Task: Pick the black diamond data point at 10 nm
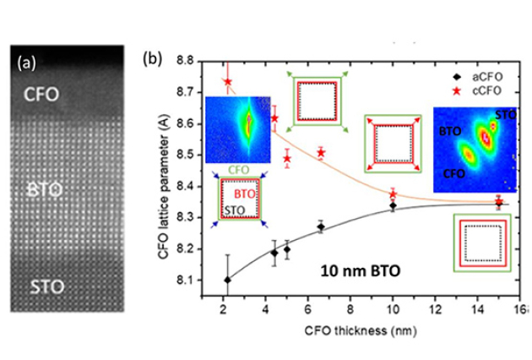point(394,205)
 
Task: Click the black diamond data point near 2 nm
point(227,280)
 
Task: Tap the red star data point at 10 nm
point(394,194)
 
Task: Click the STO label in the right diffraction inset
point(506,114)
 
